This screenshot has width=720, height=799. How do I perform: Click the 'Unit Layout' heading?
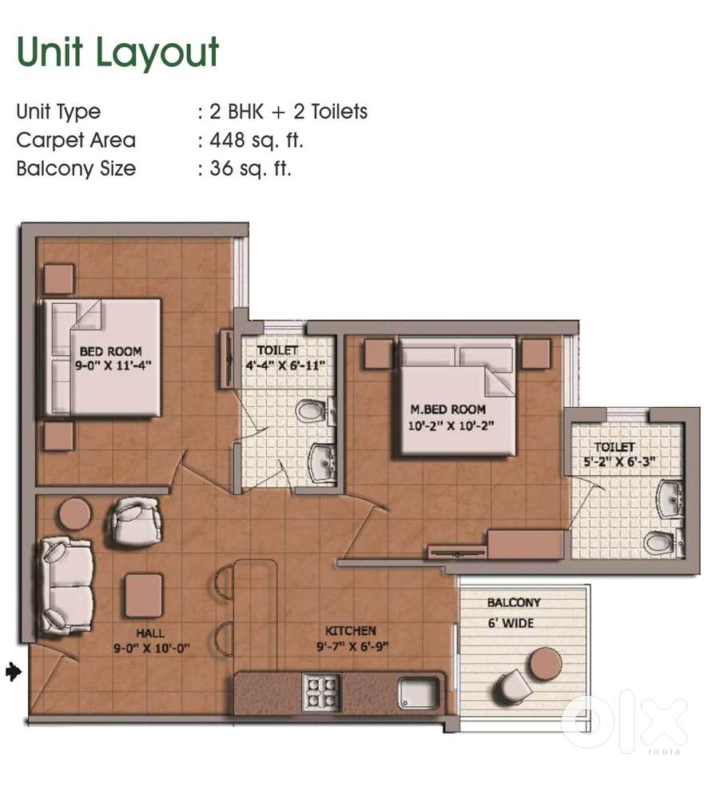pos(117,53)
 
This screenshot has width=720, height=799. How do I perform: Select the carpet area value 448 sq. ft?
pos(257,140)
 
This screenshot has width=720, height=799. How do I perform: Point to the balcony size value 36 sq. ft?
pos(250,169)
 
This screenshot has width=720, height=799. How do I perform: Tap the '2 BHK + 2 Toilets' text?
pos(288,112)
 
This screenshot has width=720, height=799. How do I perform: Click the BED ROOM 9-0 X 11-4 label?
pos(113,358)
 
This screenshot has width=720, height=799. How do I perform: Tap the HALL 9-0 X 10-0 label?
pos(151,641)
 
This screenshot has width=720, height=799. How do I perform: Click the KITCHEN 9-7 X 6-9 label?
pos(352,638)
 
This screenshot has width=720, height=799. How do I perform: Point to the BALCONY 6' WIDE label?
pos(513,613)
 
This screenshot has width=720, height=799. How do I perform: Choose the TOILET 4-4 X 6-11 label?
pos(284,358)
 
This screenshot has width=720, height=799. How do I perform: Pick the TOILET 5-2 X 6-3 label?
pos(619,454)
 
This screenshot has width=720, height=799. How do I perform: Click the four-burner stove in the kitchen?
pos(321,692)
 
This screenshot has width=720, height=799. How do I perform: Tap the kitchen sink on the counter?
pos(419,693)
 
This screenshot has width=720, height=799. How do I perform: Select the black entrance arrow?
pos(14,671)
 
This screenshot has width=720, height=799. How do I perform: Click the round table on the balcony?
pos(545,664)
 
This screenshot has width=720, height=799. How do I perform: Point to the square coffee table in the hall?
pos(144,595)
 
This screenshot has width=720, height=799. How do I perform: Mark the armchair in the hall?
pos(136,521)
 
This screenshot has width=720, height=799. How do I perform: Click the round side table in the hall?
pos(75,513)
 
